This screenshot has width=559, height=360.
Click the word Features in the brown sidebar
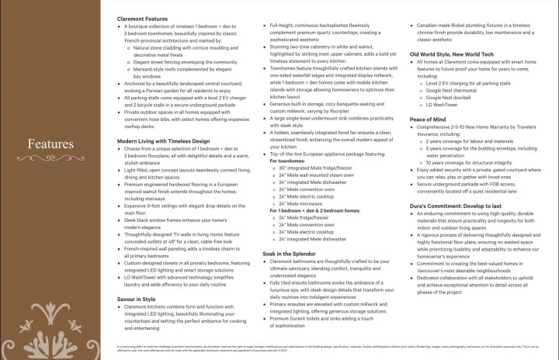tap(51, 144)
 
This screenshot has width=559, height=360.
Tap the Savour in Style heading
tap(137, 276)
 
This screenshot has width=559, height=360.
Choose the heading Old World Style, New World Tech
tap(452, 54)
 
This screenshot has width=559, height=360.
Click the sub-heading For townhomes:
tap(288, 162)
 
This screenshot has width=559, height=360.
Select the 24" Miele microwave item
tap(306, 203)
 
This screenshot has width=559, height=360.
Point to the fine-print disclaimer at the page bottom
tap(279, 346)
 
